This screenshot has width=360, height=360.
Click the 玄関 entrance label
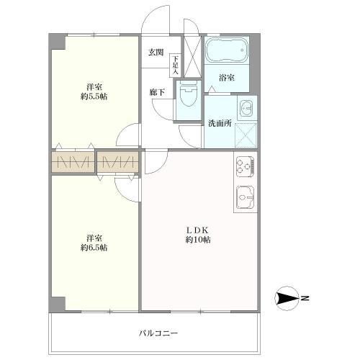pos(156,52)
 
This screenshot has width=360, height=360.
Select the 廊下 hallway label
pos(156,91)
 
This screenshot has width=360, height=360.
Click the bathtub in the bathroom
pos(225,52)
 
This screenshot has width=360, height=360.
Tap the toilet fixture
pos(188,94)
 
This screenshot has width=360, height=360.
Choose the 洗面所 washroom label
pos(220,122)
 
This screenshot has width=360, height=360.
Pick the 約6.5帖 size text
pos(94,248)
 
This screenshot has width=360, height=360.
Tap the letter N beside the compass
pos(305,297)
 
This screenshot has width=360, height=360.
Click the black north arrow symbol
pos(288,297)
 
